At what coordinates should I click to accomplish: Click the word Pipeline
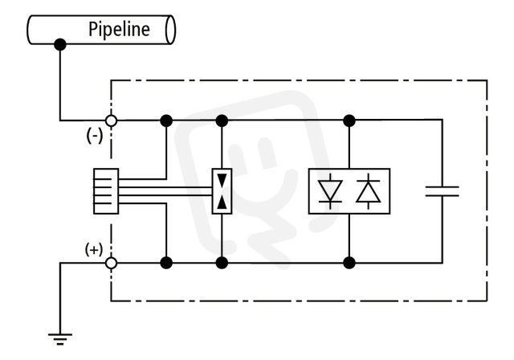point(120,30)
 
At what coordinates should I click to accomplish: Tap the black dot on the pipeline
point(60,44)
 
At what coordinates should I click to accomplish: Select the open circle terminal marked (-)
point(111,121)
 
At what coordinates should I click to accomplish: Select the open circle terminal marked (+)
point(111,263)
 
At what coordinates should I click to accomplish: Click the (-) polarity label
point(95,136)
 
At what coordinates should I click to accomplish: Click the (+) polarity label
point(94,250)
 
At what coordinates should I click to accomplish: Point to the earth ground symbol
point(60,339)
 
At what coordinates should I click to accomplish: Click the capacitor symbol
point(443,191)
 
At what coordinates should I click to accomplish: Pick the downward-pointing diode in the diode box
point(330,191)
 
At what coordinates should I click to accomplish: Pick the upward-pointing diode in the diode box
point(368,191)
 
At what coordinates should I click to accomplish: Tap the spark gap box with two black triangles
point(222,191)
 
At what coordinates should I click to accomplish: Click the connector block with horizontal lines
point(106,191)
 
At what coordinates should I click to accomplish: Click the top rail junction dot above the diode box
point(349,121)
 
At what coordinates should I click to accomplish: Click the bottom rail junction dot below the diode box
point(349,263)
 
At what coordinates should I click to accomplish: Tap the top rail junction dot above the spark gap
point(222,121)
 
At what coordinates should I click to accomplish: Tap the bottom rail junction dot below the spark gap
point(222,263)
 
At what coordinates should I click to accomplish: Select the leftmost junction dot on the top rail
point(166,121)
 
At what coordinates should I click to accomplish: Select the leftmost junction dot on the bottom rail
point(166,263)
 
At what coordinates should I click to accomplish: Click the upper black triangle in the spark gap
point(222,181)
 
